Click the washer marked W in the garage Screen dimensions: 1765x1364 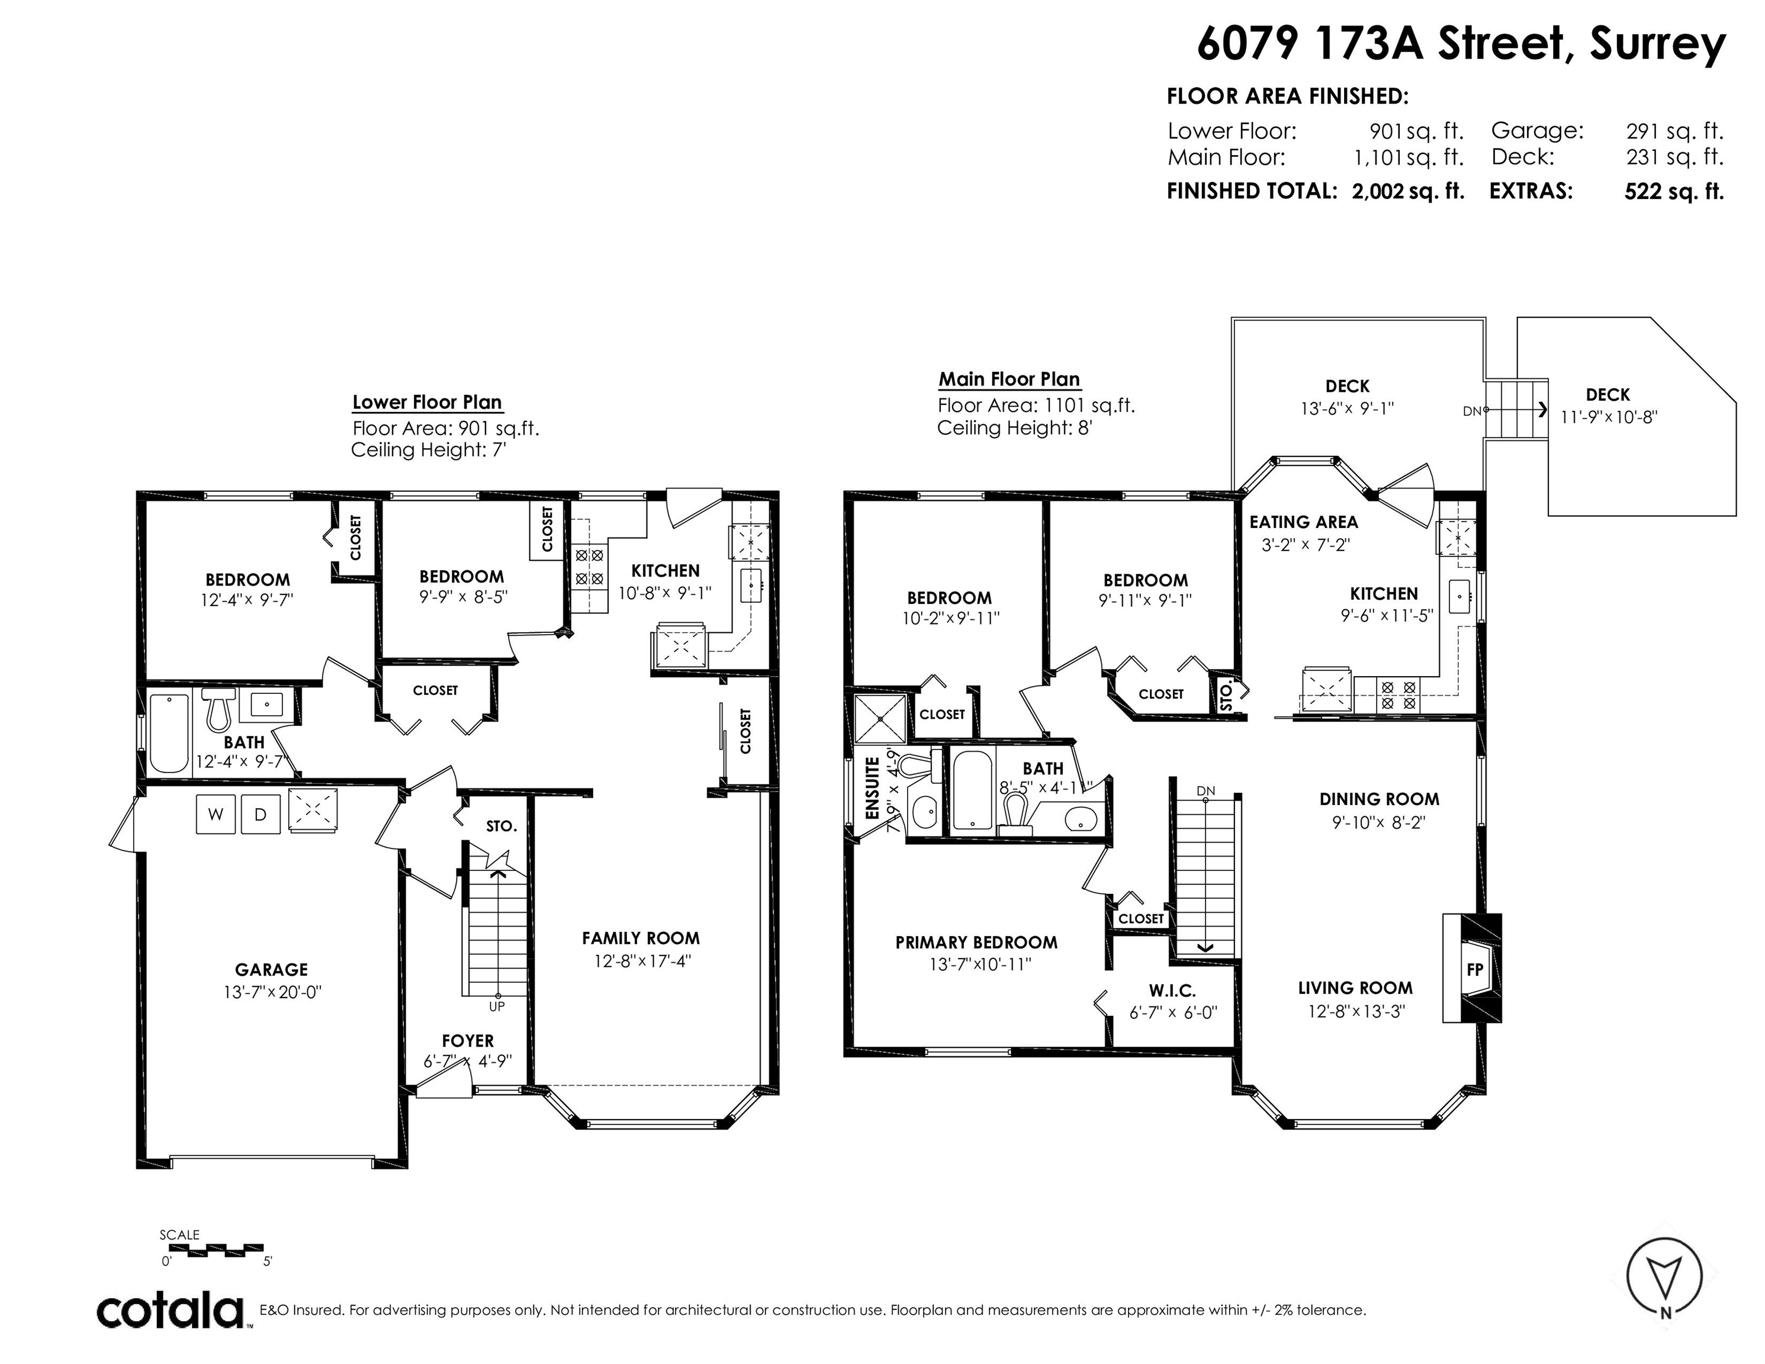(215, 815)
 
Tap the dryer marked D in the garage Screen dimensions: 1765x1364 (261, 815)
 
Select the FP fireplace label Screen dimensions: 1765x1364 (1475, 970)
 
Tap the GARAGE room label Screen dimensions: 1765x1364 (272, 970)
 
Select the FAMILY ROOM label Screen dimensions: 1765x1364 (641, 938)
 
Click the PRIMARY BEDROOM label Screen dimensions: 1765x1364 (976, 942)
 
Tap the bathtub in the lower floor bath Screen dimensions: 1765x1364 (169, 733)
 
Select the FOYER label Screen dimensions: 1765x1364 (468, 1041)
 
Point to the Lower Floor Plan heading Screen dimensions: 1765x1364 (427, 403)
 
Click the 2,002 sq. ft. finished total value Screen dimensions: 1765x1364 (1409, 191)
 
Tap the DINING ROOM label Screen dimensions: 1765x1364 (1380, 799)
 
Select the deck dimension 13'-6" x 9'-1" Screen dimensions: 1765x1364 (1347, 409)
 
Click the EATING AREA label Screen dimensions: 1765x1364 (1304, 522)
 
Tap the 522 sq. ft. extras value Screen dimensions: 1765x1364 (1674, 191)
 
